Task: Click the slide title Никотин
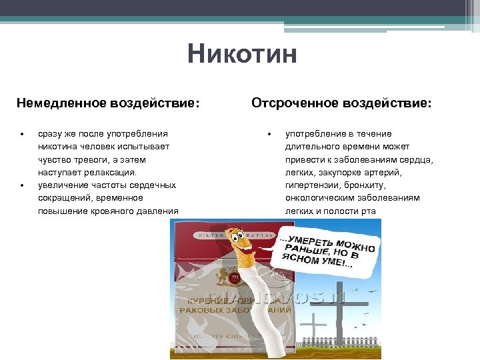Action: [x=241, y=53]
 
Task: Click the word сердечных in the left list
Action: [x=154, y=185]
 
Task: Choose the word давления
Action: [x=158, y=211]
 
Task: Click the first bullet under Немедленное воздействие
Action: [x=21, y=134]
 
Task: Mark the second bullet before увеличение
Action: [x=21, y=185]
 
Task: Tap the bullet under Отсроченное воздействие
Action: [x=269, y=134]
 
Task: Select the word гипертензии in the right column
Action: [x=310, y=185]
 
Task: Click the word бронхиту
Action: [x=363, y=185]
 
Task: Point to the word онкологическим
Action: [x=319, y=198]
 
